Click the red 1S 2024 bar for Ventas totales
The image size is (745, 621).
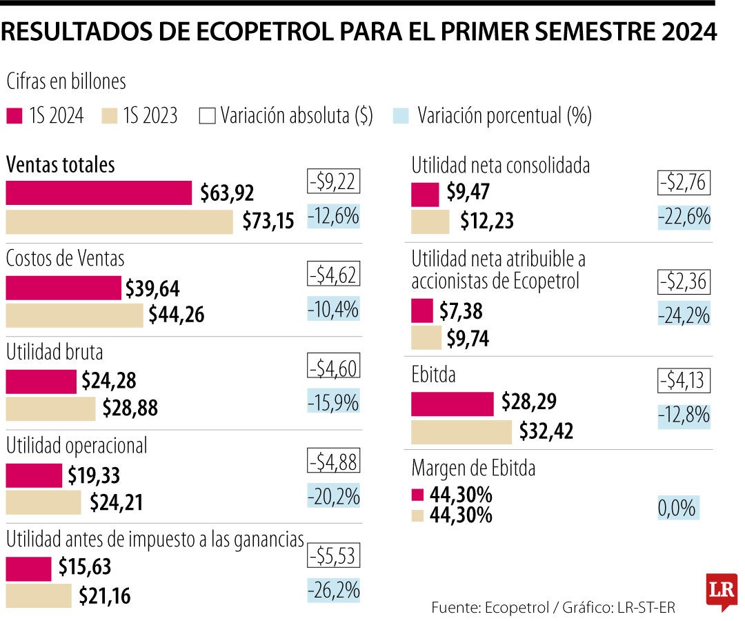99,193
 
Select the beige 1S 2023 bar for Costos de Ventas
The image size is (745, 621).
74,315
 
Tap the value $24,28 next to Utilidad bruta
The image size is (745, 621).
108,381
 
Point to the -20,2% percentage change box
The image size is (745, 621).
334,495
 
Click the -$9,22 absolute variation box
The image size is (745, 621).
334,183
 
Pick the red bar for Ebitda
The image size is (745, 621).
452,404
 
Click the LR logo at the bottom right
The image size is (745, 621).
722,591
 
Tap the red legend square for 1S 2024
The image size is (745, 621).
14,115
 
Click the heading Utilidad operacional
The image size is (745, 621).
77,446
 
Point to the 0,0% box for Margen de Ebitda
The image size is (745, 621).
677,509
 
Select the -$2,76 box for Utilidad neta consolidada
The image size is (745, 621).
684,184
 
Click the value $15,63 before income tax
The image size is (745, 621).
84,567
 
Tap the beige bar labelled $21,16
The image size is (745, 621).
39,595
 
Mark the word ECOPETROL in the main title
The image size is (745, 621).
263,32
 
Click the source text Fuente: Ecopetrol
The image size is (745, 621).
484,607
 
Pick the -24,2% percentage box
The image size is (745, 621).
684,315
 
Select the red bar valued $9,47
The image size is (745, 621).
425,195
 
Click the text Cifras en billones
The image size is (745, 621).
66,81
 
